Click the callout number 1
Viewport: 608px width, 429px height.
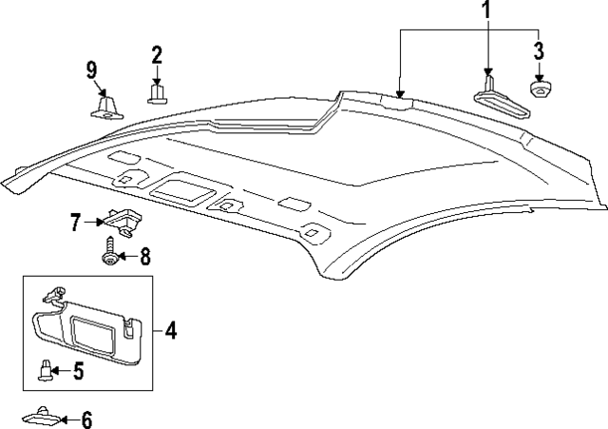coord(486,12)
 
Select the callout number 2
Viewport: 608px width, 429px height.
coord(157,55)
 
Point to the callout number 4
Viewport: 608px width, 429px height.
coord(171,330)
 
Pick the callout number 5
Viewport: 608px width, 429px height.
coord(78,371)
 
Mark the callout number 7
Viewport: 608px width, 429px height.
coord(75,223)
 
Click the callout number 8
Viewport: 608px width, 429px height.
coord(144,256)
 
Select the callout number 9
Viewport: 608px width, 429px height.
coord(92,69)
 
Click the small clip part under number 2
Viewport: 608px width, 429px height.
coord(157,93)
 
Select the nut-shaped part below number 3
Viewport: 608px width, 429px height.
coord(541,88)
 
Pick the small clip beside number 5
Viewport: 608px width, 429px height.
coord(44,371)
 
